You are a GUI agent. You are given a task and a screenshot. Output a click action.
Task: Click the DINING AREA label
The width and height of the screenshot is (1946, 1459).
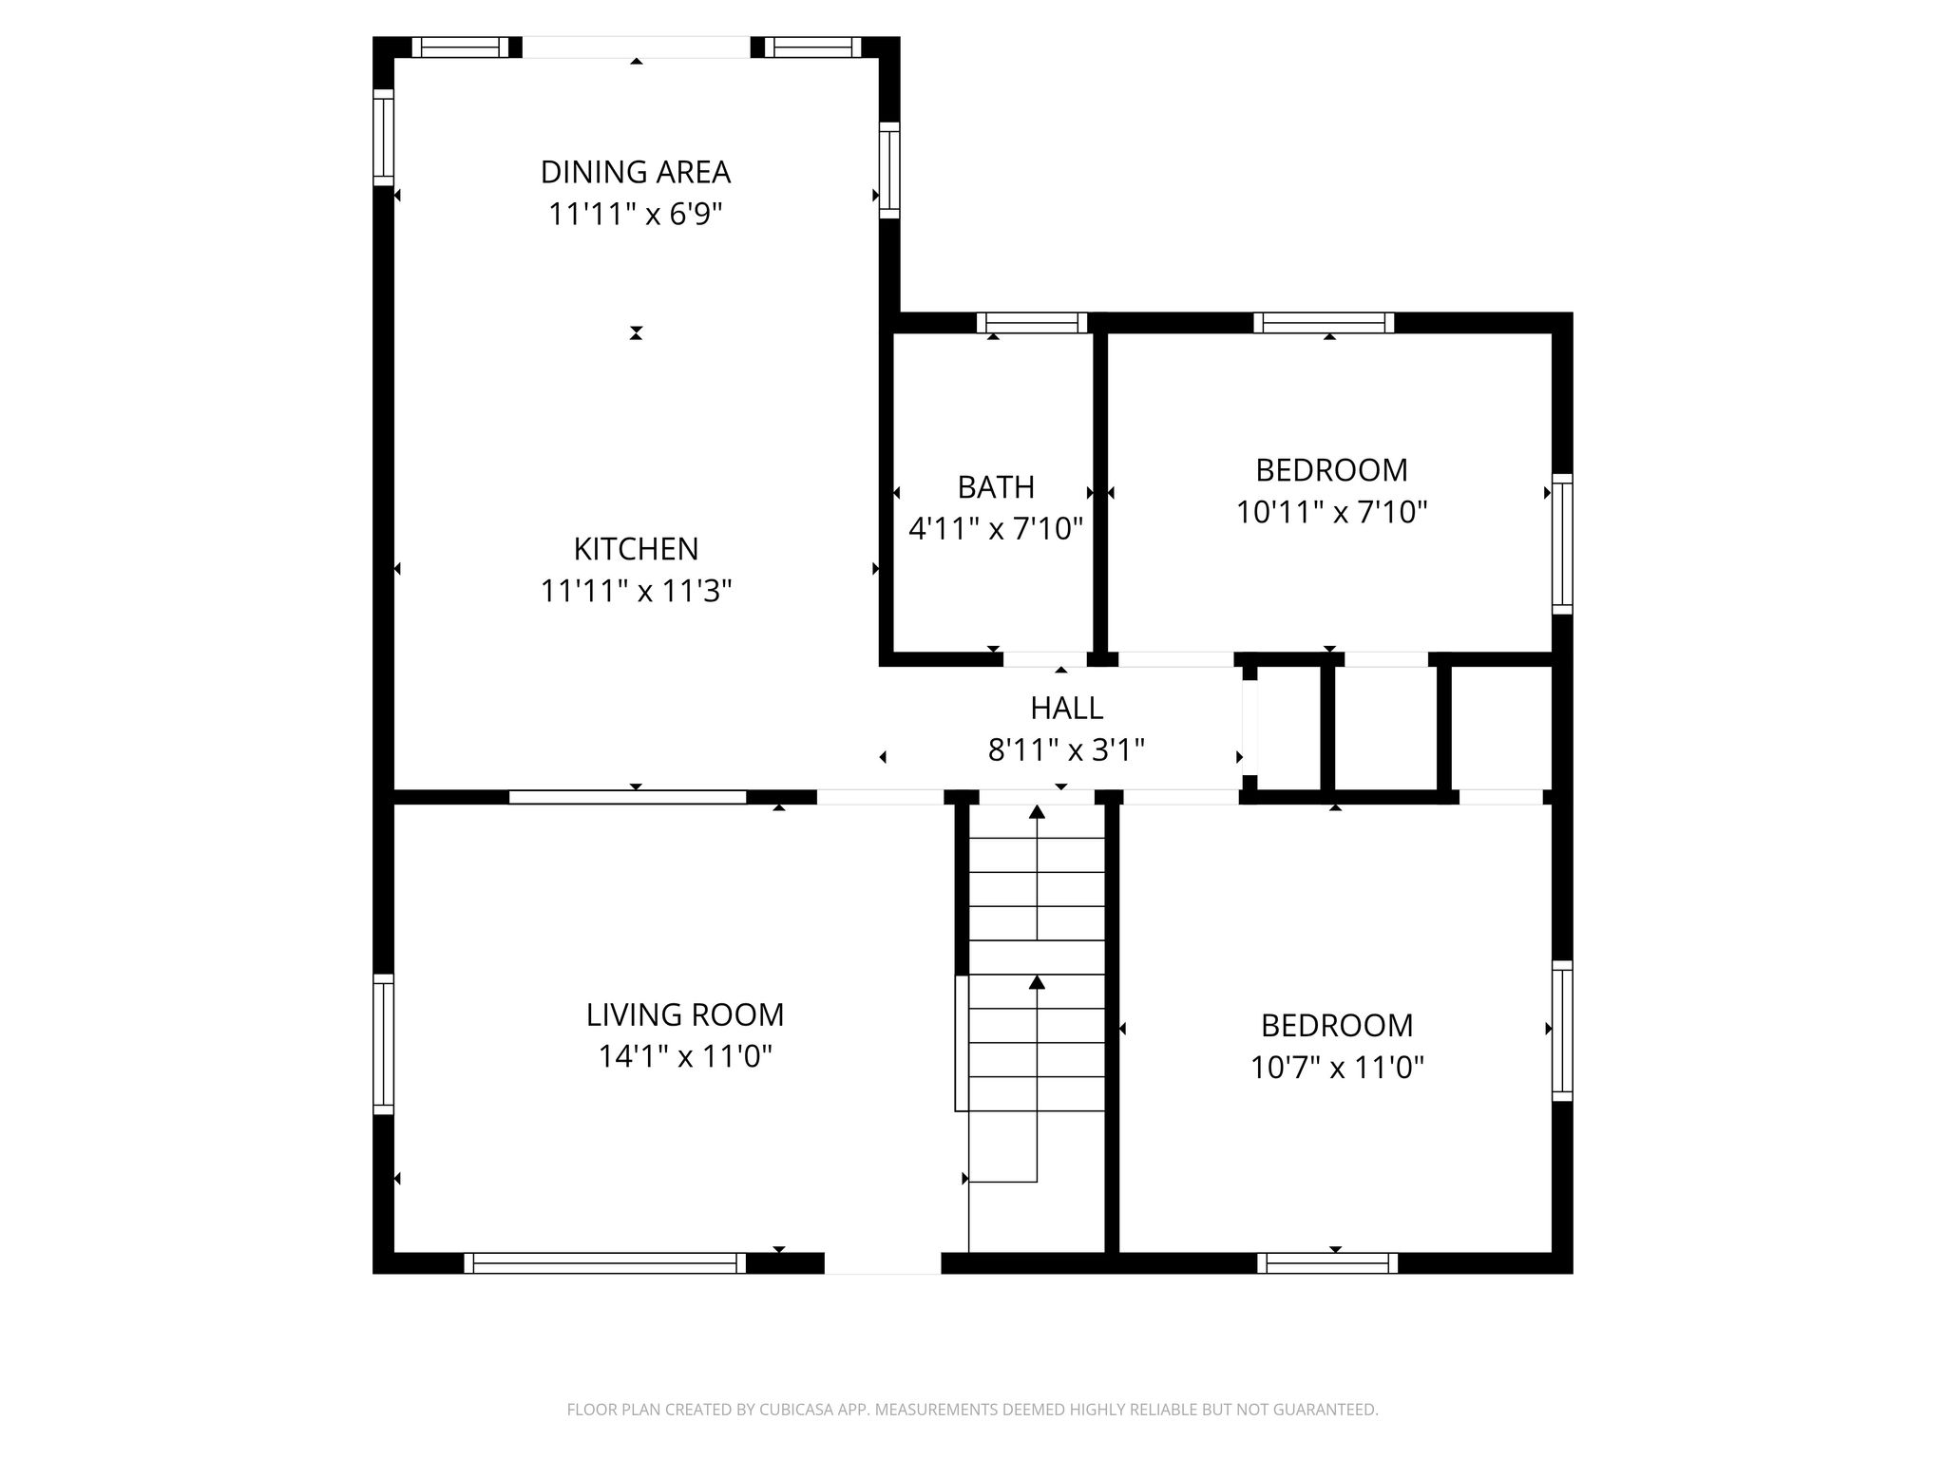[636, 172]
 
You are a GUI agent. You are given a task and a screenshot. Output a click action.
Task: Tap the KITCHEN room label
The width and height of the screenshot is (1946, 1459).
[636, 549]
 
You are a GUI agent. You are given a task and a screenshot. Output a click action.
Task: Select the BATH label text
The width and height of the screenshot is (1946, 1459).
[996, 487]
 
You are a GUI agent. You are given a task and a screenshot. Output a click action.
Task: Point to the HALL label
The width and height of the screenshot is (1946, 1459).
[1066, 708]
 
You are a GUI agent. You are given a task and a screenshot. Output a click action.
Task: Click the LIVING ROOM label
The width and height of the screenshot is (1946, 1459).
[685, 1014]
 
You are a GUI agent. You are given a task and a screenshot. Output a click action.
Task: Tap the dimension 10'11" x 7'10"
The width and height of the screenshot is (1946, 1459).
[1332, 513]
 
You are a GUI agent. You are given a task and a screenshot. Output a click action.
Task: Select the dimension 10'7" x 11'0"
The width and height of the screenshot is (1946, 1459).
[1337, 1068]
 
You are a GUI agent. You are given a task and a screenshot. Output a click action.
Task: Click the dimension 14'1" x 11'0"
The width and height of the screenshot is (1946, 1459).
[685, 1056]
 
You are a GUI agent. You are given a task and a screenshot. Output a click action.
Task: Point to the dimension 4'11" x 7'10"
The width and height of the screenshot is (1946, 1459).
[996, 528]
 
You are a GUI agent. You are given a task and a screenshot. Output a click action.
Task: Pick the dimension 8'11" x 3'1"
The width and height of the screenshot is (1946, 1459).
[1066, 750]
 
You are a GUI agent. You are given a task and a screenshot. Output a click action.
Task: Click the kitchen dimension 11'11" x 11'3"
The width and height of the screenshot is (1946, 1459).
[636, 591]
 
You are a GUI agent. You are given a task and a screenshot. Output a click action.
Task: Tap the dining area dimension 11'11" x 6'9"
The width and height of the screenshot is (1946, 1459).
[636, 214]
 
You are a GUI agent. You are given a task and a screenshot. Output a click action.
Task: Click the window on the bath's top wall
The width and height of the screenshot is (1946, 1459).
[1032, 323]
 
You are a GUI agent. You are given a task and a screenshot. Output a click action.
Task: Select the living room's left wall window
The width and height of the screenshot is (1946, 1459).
[383, 1044]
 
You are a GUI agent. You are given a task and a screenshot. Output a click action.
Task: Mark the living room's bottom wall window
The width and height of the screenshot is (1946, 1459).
[604, 1263]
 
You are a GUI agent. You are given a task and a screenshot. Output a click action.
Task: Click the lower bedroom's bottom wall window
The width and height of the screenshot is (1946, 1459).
[1327, 1263]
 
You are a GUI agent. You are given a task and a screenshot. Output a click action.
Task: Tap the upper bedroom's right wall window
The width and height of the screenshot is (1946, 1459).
[1562, 544]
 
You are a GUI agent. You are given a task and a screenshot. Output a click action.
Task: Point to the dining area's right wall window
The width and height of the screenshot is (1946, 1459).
[889, 170]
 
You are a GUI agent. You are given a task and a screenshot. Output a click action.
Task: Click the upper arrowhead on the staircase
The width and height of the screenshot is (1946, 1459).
[1037, 812]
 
